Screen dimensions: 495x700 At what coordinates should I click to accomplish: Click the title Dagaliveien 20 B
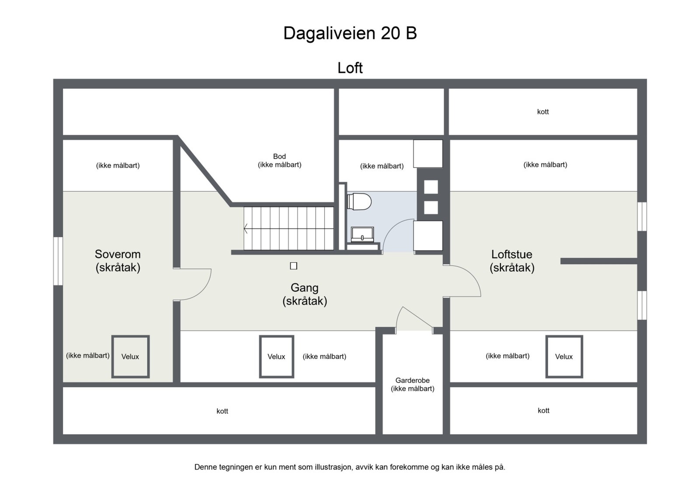350,33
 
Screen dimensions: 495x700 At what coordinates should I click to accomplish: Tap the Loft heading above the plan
350,68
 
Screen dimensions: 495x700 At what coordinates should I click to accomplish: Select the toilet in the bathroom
360,202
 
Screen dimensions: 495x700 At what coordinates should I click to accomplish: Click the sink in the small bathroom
362,235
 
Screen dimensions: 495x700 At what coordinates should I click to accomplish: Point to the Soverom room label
118,260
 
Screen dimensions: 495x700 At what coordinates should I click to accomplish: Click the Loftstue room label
512,260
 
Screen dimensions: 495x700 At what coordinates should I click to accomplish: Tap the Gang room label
304,294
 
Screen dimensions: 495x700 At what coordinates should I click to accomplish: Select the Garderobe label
413,384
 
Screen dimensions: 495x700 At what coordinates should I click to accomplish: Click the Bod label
280,160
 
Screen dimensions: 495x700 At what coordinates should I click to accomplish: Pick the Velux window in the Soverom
130,356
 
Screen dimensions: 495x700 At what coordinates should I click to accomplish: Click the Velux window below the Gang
276,356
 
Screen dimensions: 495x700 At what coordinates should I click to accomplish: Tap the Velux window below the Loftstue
564,356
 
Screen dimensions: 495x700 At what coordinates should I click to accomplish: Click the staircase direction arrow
246,228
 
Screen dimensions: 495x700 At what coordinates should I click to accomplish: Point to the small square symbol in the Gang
294,266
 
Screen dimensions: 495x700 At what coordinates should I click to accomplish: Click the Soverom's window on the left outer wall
58,261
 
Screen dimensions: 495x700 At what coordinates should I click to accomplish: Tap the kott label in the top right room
543,112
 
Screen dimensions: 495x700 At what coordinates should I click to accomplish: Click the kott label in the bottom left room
222,411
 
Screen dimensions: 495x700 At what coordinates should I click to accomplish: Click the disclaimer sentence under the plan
350,467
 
